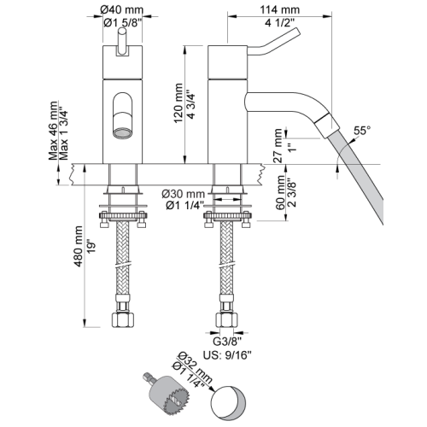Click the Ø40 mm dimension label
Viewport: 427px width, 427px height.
click(x=121, y=10)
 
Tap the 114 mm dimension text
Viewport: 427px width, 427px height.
click(x=280, y=10)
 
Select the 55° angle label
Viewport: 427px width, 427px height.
click(x=362, y=131)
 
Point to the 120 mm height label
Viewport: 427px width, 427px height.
click(x=178, y=103)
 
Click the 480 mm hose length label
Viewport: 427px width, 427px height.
click(x=78, y=247)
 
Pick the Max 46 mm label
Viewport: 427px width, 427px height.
click(x=53, y=131)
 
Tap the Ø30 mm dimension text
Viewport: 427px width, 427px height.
click(x=184, y=194)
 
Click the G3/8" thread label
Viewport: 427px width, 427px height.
click(x=227, y=341)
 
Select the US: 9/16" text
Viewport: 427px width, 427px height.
click(x=227, y=355)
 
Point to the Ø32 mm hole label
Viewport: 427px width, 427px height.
click(x=196, y=367)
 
